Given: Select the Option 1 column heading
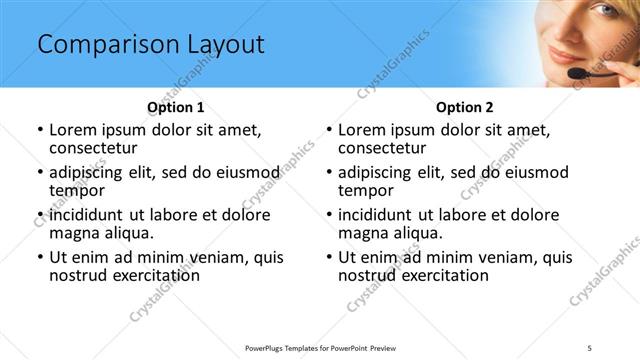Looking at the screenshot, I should point(176,107).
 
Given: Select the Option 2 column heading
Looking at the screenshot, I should point(464,107).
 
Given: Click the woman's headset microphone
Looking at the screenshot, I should point(579,72).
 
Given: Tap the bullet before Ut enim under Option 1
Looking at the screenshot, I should point(40,257).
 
